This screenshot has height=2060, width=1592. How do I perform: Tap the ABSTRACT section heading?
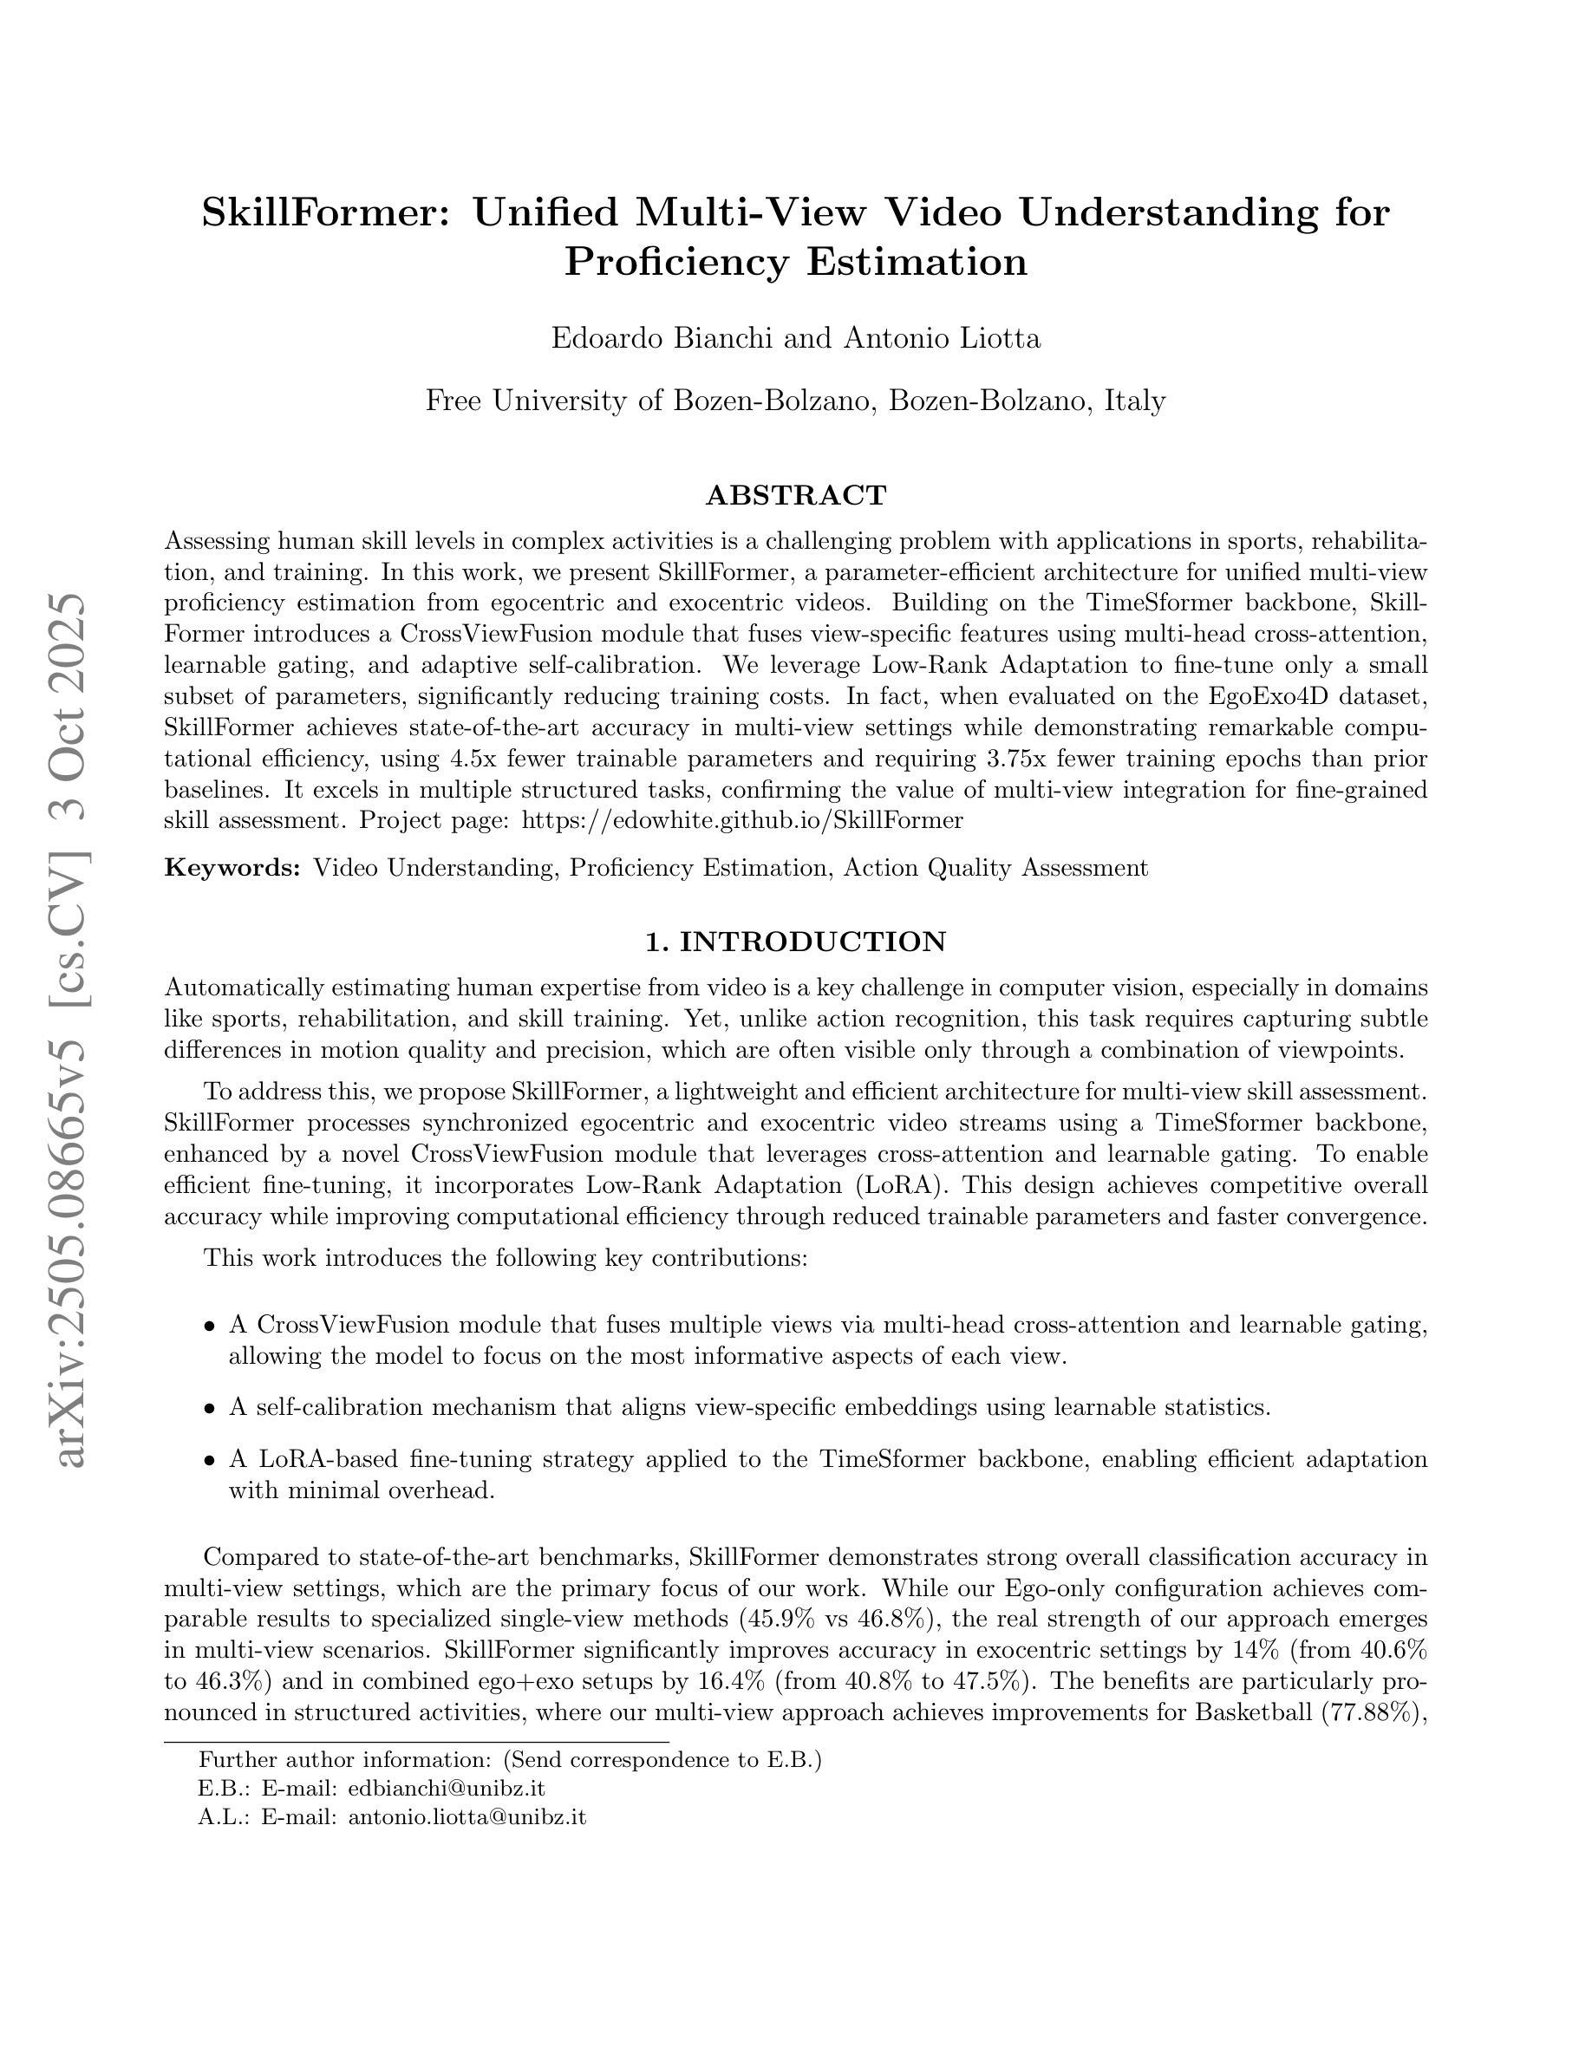(796, 495)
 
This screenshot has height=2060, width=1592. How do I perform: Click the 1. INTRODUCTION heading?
(796, 942)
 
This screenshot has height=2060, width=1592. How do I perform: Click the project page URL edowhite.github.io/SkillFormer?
(742, 819)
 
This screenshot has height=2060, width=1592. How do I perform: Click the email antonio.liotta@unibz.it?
(467, 1816)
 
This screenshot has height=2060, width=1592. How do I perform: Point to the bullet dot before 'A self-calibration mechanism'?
(209, 1409)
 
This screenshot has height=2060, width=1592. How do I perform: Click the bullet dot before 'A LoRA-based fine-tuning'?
(209, 1461)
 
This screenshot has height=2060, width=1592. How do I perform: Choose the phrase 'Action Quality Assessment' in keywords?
(996, 868)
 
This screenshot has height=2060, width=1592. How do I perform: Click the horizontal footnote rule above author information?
(416, 1742)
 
